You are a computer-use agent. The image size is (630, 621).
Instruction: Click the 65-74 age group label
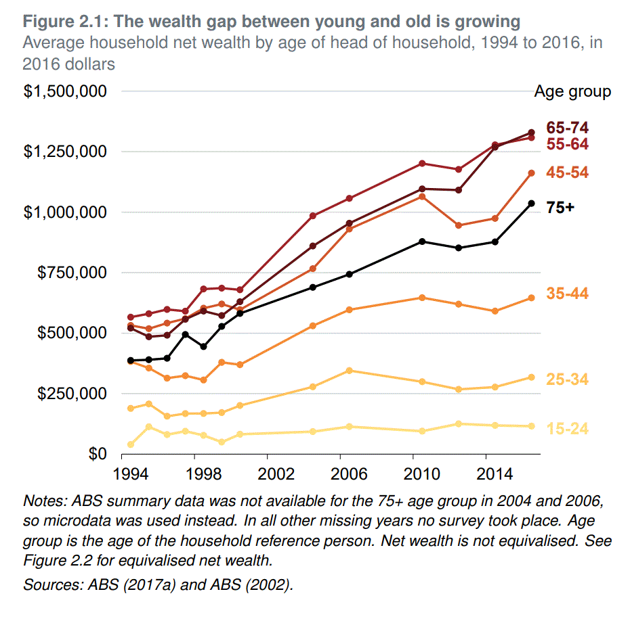pyautogui.click(x=568, y=128)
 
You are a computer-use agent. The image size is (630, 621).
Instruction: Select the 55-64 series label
pyautogui.click(x=568, y=144)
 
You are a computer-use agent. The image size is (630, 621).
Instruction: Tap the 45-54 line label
pyautogui.click(x=568, y=173)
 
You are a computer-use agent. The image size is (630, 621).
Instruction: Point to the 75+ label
pyautogui.click(x=560, y=208)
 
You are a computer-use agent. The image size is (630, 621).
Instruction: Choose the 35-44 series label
pyautogui.click(x=568, y=294)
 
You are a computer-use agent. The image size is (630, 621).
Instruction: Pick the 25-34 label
pyautogui.click(x=568, y=379)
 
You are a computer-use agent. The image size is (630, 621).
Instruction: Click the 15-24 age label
pyautogui.click(x=568, y=428)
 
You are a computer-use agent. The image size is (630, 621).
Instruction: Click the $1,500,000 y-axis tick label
pyautogui.click(x=65, y=91)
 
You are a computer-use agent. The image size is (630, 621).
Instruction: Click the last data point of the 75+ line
pyautogui.click(x=532, y=204)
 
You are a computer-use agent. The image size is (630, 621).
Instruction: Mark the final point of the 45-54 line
pyautogui.click(x=532, y=173)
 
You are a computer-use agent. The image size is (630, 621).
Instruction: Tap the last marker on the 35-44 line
pyautogui.click(x=532, y=298)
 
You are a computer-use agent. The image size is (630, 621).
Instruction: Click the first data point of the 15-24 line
pyautogui.click(x=131, y=444)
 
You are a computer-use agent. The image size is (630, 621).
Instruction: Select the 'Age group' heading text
pyautogui.click(x=572, y=91)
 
